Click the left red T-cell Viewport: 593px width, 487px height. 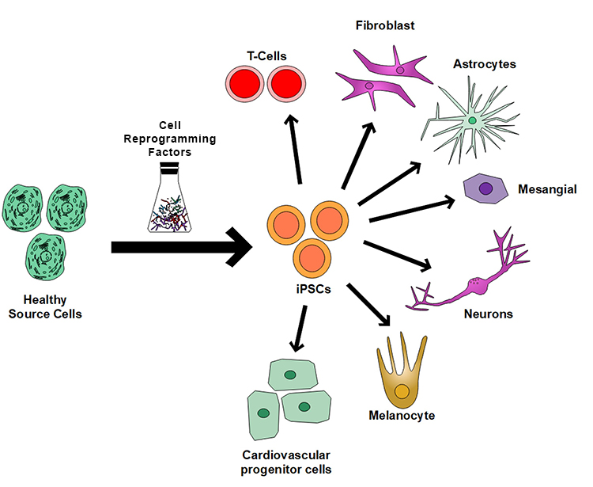(244, 86)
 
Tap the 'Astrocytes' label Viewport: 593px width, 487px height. (485, 63)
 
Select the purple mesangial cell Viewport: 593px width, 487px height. (485, 189)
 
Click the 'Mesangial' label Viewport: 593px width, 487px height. (546, 189)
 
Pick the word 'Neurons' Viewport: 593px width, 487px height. (488, 314)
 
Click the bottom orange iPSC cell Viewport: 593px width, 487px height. (311, 257)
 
